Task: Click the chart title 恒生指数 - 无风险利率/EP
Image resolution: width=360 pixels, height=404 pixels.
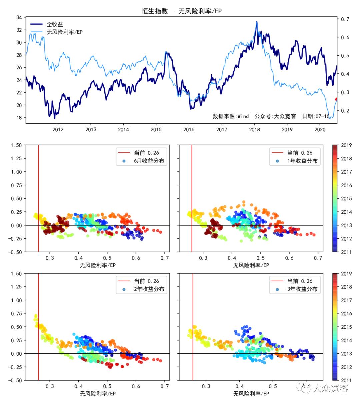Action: click(181, 11)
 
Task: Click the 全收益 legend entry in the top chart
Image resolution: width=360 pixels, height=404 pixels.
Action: click(55, 24)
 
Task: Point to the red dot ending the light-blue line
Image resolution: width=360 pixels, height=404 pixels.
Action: click(336, 99)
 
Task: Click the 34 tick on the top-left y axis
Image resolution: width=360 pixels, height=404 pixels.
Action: click(19, 17)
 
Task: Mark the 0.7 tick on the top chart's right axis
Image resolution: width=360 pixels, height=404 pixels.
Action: click(345, 19)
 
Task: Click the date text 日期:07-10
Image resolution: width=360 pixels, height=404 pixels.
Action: click(316, 116)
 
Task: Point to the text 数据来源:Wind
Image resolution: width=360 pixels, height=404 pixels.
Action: click(231, 116)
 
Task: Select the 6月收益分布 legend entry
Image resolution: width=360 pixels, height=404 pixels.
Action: click(149, 161)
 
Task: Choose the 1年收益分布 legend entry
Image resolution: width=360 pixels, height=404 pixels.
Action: click(302, 161)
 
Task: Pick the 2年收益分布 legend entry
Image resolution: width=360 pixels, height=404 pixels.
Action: click(149, 289)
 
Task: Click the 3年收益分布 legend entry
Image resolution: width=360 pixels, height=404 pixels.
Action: click(302, 289)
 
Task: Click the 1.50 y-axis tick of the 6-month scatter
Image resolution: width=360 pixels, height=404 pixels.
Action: click(16, 145)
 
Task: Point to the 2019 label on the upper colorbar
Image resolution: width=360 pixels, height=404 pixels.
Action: click(346, 145)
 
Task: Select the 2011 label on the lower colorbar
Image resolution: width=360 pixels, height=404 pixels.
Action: click(346, 380)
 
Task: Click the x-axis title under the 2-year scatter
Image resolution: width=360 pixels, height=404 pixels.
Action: click(98, 394)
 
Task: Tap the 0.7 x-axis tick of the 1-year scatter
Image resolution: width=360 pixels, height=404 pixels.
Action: click(318, 258)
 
